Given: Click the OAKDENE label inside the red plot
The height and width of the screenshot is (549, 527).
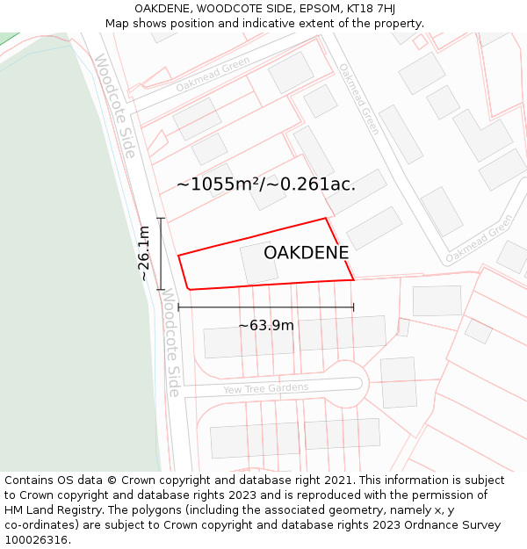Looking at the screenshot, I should click(306, 253).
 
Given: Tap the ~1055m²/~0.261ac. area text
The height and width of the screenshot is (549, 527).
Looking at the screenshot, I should click(266, 184).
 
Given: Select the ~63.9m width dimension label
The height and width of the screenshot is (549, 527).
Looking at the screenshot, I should click(266, 325).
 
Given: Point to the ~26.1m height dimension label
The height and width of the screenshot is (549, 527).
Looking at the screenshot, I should click(144, 253).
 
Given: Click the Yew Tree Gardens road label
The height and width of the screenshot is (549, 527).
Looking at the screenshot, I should click(265, 388).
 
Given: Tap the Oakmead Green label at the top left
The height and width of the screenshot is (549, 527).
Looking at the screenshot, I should click(213, 74).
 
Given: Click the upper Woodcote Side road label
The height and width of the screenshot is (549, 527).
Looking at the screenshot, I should click(115, 106).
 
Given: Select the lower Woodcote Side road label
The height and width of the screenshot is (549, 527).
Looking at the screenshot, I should click(172, 343).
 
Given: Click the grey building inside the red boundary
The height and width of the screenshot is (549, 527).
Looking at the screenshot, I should click(259, 263).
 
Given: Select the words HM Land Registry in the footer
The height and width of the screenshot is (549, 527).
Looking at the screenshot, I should click(48, 510).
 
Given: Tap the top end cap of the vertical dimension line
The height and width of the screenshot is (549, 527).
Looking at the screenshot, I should click(160, 219).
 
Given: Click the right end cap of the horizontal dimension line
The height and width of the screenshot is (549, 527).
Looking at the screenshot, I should click(354, 307).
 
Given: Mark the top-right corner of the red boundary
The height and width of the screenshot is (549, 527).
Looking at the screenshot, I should click(326, 218).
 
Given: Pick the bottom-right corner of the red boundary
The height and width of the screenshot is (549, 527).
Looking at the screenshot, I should click(354, 280).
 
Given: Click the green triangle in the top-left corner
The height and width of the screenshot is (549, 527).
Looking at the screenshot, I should click(7, 38).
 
